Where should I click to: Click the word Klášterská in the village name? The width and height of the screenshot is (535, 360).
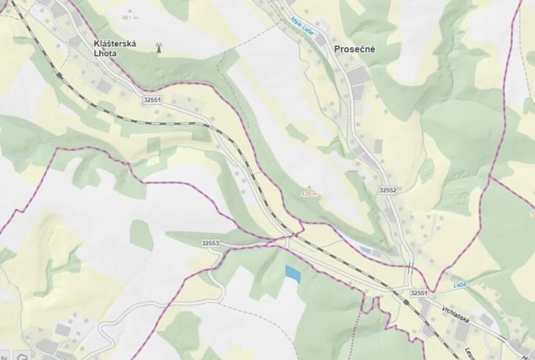pos(114,45)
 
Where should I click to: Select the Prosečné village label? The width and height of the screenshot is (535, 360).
pos(355,49)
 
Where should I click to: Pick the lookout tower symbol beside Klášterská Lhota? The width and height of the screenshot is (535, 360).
pos(159,47)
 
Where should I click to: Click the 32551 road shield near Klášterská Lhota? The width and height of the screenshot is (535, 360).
pos(152,100)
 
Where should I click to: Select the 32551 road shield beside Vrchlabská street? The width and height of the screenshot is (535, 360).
pos(419,293)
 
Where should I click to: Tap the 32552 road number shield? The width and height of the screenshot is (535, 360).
pos(387,189)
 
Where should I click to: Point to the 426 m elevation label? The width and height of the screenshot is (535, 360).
pos(309,195)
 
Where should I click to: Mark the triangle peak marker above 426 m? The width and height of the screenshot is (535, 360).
pos(309,187)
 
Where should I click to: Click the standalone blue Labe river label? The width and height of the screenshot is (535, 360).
pos(460,284)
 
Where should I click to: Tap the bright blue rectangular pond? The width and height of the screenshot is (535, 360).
pos(293,272)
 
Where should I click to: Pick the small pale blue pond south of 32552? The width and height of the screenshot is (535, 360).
pos(366,249)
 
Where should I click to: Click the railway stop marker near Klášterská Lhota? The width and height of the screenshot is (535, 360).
pos(59,75)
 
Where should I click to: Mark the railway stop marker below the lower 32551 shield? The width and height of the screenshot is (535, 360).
pos(406,302)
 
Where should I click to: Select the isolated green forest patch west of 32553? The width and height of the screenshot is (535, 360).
pos(141,235)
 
